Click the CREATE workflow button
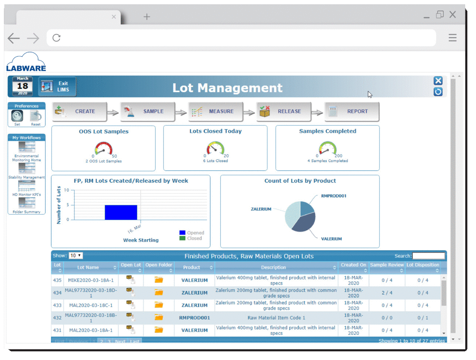(80, 112)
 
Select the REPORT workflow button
(352, 112)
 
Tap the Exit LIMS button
(58, 87)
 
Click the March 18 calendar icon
(23, 86)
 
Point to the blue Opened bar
(121, 212)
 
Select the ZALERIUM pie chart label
(261, 209)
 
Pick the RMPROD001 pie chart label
(334, 196)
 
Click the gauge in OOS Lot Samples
(104, 150)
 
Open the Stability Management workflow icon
(27, 168)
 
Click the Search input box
(428, 256)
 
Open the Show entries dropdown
(76, 256)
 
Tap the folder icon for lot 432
(159, 318)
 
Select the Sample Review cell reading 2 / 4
(387, 293)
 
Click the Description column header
(273, 267)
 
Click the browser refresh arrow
(56, 38)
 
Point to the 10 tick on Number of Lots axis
(66, 190)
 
